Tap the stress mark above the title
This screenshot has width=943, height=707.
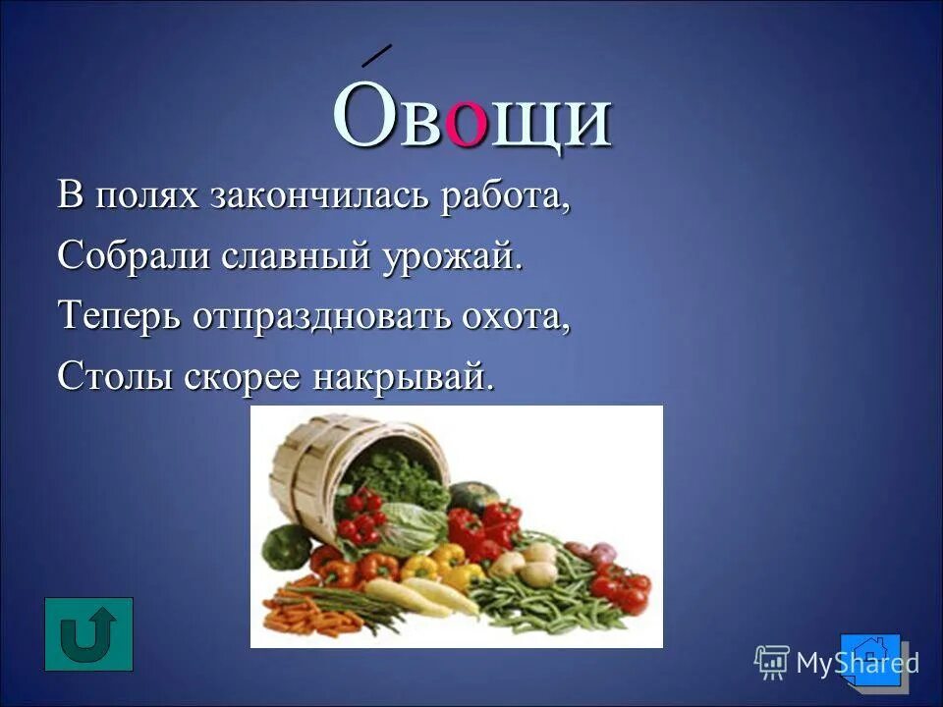[x=376, y=55]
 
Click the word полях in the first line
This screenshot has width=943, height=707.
[x=146, y=195]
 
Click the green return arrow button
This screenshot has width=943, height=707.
[x=88, y=633]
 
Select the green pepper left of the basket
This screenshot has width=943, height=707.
[x=285, y=545]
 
